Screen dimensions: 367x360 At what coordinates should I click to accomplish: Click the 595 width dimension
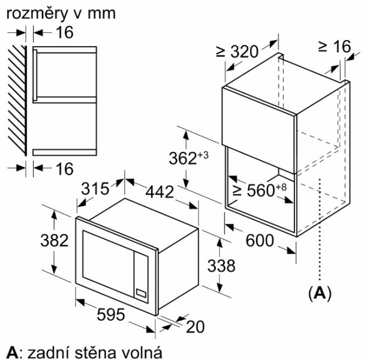click(111, 314)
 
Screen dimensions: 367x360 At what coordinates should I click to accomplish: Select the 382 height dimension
click(55, 241)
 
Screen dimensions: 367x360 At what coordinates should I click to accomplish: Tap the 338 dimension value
click(221, 266)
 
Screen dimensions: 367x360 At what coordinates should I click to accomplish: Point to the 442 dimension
click(160, 192)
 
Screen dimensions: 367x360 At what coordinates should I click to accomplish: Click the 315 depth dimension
click(95, 188)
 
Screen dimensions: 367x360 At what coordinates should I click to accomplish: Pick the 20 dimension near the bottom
click(195, 327)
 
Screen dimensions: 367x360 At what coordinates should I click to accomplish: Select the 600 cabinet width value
click(260, 241)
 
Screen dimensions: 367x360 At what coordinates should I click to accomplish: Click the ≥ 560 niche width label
click(259, 190)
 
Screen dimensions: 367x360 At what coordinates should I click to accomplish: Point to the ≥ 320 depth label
click(237, 52)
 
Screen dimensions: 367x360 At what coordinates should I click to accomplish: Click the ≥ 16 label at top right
click(335, 46)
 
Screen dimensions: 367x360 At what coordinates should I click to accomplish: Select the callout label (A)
click(320, 293)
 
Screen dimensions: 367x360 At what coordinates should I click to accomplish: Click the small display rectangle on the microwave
click(141, 293)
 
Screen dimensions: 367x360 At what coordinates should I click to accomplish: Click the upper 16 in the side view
click(65, 32)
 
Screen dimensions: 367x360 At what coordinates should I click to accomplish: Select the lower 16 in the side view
click(65, 169)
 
